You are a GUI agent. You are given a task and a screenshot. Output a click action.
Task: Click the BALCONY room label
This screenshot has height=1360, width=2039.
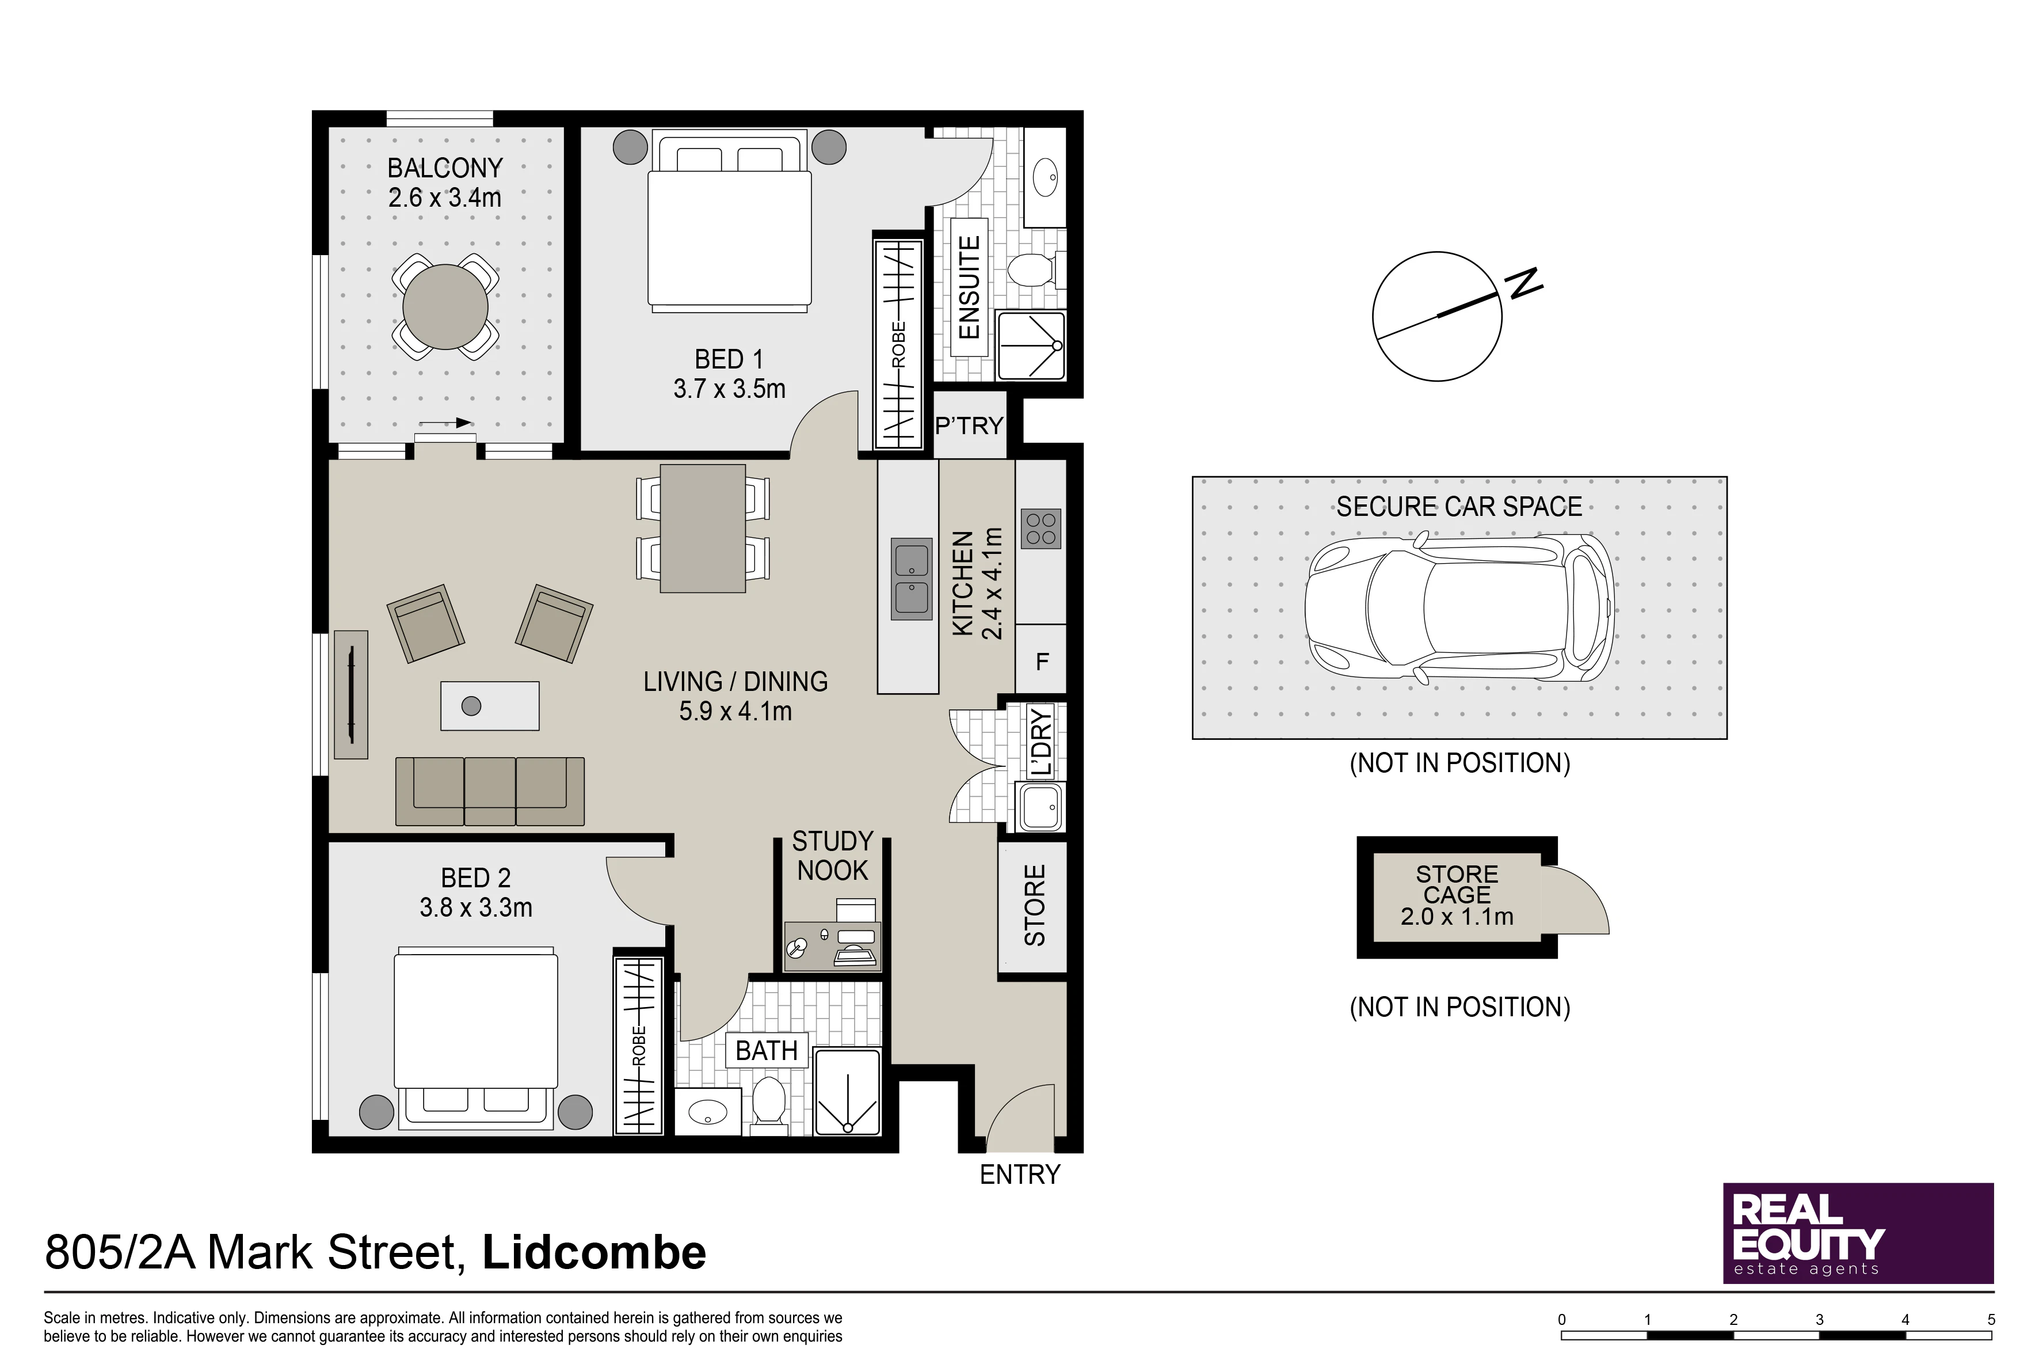[x=445, y=168]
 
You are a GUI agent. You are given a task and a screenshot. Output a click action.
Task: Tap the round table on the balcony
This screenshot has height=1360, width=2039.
[x=445, y=307]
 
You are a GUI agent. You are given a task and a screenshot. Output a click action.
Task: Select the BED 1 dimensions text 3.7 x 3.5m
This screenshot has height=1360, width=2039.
[x=730, y=389]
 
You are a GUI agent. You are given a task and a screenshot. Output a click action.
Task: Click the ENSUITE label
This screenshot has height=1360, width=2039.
[x=969, y=287]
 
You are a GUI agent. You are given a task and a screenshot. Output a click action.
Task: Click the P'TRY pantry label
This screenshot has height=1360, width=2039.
[x=969, y=426]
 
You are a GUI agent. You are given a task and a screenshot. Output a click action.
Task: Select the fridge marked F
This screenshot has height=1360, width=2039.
[x=1041, y=662]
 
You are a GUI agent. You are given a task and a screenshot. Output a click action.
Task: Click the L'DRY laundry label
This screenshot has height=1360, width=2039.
[x=1041, y=742]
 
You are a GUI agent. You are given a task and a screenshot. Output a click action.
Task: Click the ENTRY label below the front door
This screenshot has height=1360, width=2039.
[x=1020, y=1175]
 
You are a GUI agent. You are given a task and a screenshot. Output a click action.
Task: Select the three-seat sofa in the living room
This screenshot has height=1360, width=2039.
[x=490, y=791]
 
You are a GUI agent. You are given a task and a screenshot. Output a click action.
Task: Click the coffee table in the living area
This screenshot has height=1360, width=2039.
[x=490, y=706]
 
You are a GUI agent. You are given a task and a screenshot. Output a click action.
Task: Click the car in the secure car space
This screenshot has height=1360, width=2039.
[x=1461, y=608]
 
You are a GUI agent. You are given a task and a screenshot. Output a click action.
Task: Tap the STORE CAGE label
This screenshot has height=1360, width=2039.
[x=1457, y=885]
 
